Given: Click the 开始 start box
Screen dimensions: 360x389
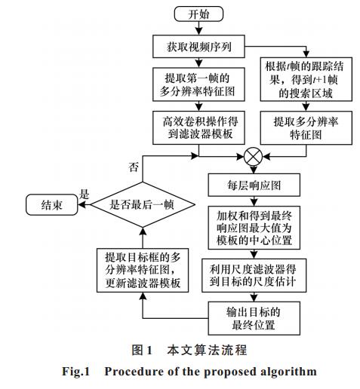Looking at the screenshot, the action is point(198,14).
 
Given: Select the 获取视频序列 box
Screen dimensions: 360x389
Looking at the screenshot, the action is point(198,47).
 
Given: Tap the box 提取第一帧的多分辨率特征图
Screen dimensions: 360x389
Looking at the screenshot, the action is point(198,84).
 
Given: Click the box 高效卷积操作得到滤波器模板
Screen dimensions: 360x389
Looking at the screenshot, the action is point(198,127).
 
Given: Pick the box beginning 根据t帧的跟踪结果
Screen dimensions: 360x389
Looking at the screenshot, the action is point(306,79).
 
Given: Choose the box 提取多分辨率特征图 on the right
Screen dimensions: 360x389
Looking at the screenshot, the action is point(306,128).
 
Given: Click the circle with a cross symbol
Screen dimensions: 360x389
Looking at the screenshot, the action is point(254,157).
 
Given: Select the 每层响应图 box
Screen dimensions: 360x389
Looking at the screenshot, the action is point(254,185).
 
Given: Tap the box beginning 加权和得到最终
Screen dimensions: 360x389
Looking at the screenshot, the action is point(254,228).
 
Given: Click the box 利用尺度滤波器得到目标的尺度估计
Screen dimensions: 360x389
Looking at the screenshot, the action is point(254,275).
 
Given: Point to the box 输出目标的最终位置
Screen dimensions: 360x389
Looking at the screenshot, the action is point(254,318).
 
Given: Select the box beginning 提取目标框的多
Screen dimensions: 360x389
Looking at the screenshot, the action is point(143,270).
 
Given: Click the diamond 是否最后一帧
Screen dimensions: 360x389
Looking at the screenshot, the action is point(143,204).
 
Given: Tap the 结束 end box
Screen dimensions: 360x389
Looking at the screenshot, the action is point(52,205).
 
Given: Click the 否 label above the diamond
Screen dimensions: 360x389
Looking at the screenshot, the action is point(134,167).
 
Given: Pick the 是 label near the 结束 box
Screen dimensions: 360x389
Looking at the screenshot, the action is point(84,194).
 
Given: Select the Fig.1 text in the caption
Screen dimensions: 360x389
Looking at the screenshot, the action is point(75,372).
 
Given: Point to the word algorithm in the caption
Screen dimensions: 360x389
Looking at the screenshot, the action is point(288,372).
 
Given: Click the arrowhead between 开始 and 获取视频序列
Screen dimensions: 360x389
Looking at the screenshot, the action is point(198,32).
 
